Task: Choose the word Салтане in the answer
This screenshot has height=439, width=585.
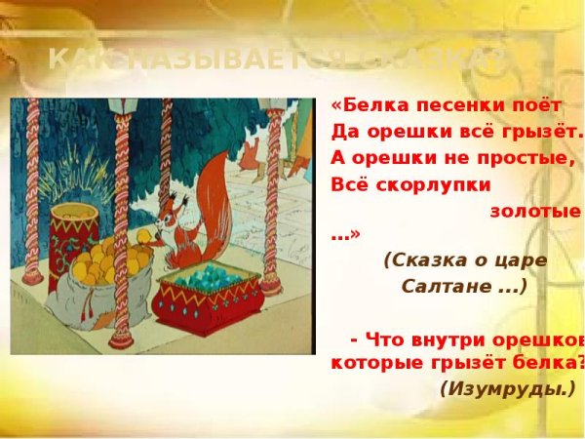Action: click(458, 287)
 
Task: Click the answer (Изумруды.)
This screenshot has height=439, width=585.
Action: click(507, 388)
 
